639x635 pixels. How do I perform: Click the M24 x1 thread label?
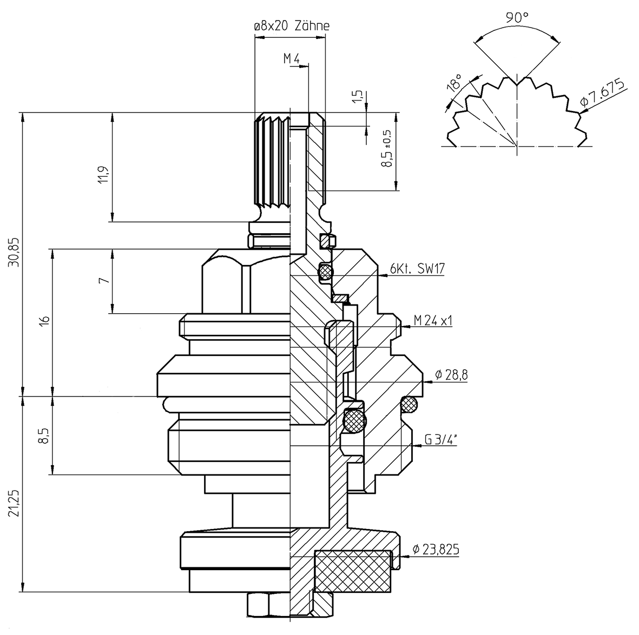click(433, 320)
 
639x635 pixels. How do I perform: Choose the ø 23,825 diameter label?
click(436, 550)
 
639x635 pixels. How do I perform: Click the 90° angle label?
click(517, 17)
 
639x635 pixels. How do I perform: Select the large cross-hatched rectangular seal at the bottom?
click(352, 571)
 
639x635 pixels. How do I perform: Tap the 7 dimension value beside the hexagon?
click(104, 280)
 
